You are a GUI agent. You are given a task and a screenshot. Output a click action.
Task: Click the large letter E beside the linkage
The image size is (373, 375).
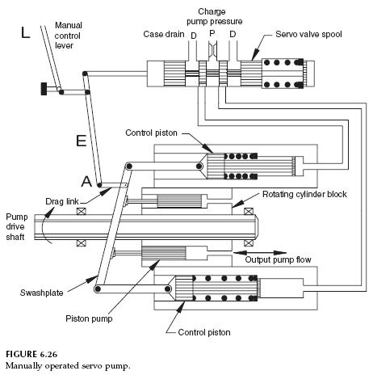point(80,142)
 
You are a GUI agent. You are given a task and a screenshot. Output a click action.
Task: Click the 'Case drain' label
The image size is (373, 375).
point(163,36)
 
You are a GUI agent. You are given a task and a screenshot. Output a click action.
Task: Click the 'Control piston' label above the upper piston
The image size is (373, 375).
point(153,132)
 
